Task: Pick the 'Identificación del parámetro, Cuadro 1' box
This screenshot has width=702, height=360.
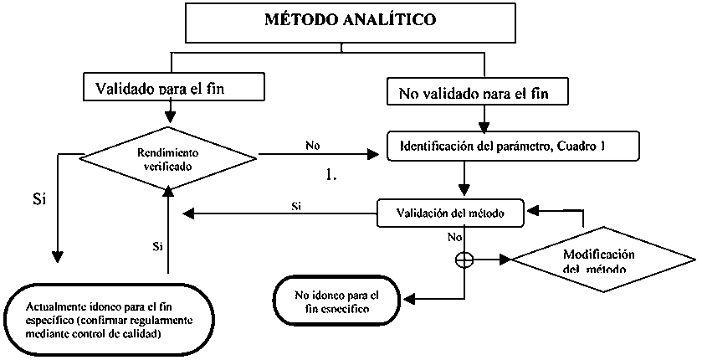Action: [514, 147]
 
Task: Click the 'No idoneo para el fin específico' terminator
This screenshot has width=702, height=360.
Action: [337, 302]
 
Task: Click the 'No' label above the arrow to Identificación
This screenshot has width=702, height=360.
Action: [313, 145]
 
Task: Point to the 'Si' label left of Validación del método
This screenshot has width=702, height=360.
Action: [296, 205]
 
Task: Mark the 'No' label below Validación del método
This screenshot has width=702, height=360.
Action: [455, 237]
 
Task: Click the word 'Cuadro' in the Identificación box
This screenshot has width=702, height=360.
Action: [576, 147]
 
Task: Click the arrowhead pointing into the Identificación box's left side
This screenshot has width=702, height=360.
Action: [371, 155]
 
